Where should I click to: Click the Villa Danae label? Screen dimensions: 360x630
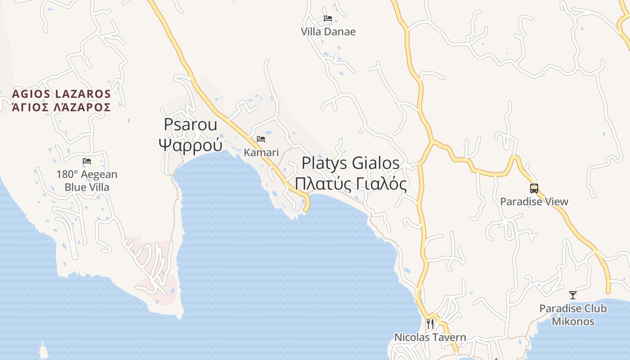(x=328, y=31)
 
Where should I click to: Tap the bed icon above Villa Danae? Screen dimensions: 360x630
(x=328, y=18)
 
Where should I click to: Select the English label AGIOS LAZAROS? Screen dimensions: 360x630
(x=61, y=94)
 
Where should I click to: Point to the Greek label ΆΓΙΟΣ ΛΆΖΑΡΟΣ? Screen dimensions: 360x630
(x=61, y=107)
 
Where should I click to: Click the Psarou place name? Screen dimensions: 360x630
(x=190, y=124)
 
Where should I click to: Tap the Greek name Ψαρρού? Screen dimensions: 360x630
(x=190, y=145)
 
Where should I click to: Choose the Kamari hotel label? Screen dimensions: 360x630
(x=261, y=153)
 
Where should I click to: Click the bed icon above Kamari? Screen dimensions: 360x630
(x=261, y=139)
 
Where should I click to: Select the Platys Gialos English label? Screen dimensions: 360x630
(x=351, y=163)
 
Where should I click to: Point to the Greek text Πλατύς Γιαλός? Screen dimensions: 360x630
(x=351, y=184)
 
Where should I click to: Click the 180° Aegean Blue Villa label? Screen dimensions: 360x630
(x=87, y=180)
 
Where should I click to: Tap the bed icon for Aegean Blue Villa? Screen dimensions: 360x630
(x=87, y=161)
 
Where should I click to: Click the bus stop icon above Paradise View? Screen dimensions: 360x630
(x=534, y=189)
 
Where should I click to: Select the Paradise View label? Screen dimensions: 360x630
(x=534, y=202)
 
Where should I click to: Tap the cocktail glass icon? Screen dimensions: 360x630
(x=572, y=295)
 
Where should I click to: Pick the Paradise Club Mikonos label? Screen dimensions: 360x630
(x=573, y=315)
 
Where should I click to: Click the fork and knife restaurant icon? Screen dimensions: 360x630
(x=430, y=324)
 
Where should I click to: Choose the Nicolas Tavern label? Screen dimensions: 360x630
(x=430, y=337)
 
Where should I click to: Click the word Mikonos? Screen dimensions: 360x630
(x=573, y=322)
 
